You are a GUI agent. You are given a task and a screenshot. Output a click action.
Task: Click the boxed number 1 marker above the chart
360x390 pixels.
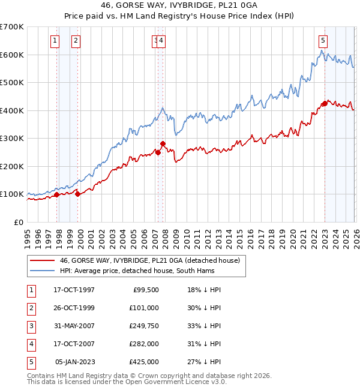(x=55, y=41)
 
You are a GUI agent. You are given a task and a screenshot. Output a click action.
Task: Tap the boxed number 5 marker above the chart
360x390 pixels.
(x=323, y=41)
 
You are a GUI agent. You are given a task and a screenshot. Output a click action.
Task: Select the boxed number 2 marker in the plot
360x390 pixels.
(x=76, y=41)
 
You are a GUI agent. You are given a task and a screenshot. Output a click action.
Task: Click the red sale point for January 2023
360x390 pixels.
(x=325, y=103)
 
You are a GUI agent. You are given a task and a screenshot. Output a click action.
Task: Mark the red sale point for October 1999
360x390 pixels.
(x=78, y=194)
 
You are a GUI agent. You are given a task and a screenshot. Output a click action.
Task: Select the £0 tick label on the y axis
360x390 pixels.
(x=18, y=222)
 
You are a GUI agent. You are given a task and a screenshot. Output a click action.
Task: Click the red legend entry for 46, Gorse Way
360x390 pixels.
(x=149, y=260)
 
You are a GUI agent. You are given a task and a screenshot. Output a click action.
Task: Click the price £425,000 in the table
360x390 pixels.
(x=144, y=362)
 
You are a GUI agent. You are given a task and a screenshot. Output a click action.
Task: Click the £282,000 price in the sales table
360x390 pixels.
(x=144, y=344)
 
